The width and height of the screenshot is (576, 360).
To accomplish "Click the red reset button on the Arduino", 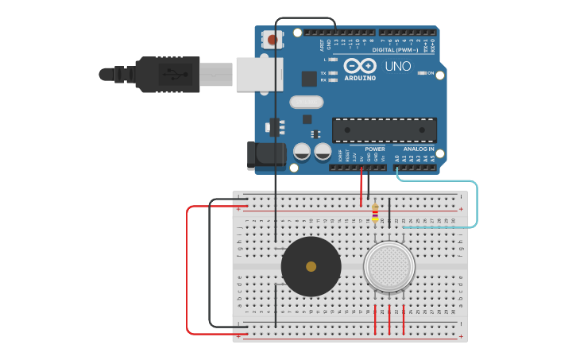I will click(273, 39).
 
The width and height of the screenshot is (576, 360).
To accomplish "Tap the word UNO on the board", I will click(398, 67).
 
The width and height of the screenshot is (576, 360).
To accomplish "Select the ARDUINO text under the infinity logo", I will click(360, 78).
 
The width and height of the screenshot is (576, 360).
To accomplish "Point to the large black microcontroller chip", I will click(384, 130).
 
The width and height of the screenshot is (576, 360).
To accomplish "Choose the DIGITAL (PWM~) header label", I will click(407, 49).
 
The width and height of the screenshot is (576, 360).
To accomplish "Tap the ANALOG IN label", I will click(418, 149).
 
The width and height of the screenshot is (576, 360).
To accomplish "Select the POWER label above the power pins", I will click(375, 149).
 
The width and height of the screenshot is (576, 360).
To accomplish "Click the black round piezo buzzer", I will click(311, 266).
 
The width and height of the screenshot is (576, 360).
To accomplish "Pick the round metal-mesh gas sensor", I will click(389, 265).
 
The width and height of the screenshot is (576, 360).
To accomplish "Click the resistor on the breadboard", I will click(375, 212).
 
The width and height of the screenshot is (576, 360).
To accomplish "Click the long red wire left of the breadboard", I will click(187, 270).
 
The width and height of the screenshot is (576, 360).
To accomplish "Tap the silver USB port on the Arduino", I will click(259, 74).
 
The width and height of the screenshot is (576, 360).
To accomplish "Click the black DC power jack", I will click(266, 156).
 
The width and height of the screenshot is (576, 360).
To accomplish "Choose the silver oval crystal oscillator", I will click(307, 101).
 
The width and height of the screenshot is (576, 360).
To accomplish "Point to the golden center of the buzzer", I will click(311, 266).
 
